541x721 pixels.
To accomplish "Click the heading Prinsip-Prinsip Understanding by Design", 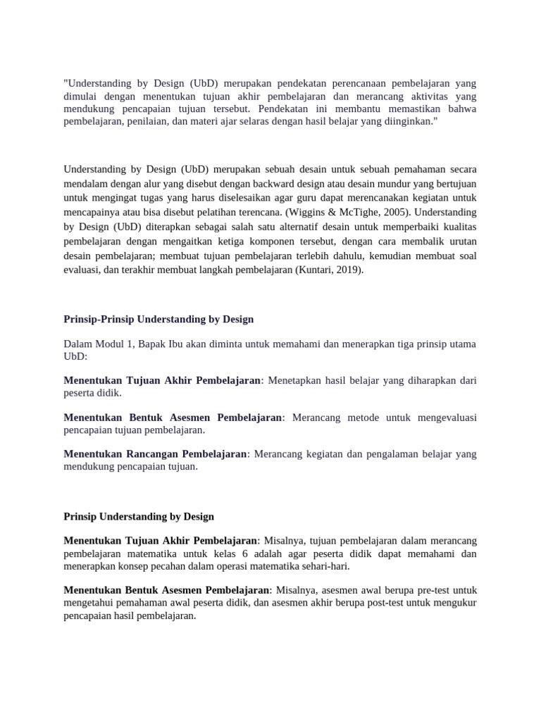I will (158, 319).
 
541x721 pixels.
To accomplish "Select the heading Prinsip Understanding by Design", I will (139, 516).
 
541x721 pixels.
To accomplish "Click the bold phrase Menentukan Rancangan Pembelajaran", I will (155, 454).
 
